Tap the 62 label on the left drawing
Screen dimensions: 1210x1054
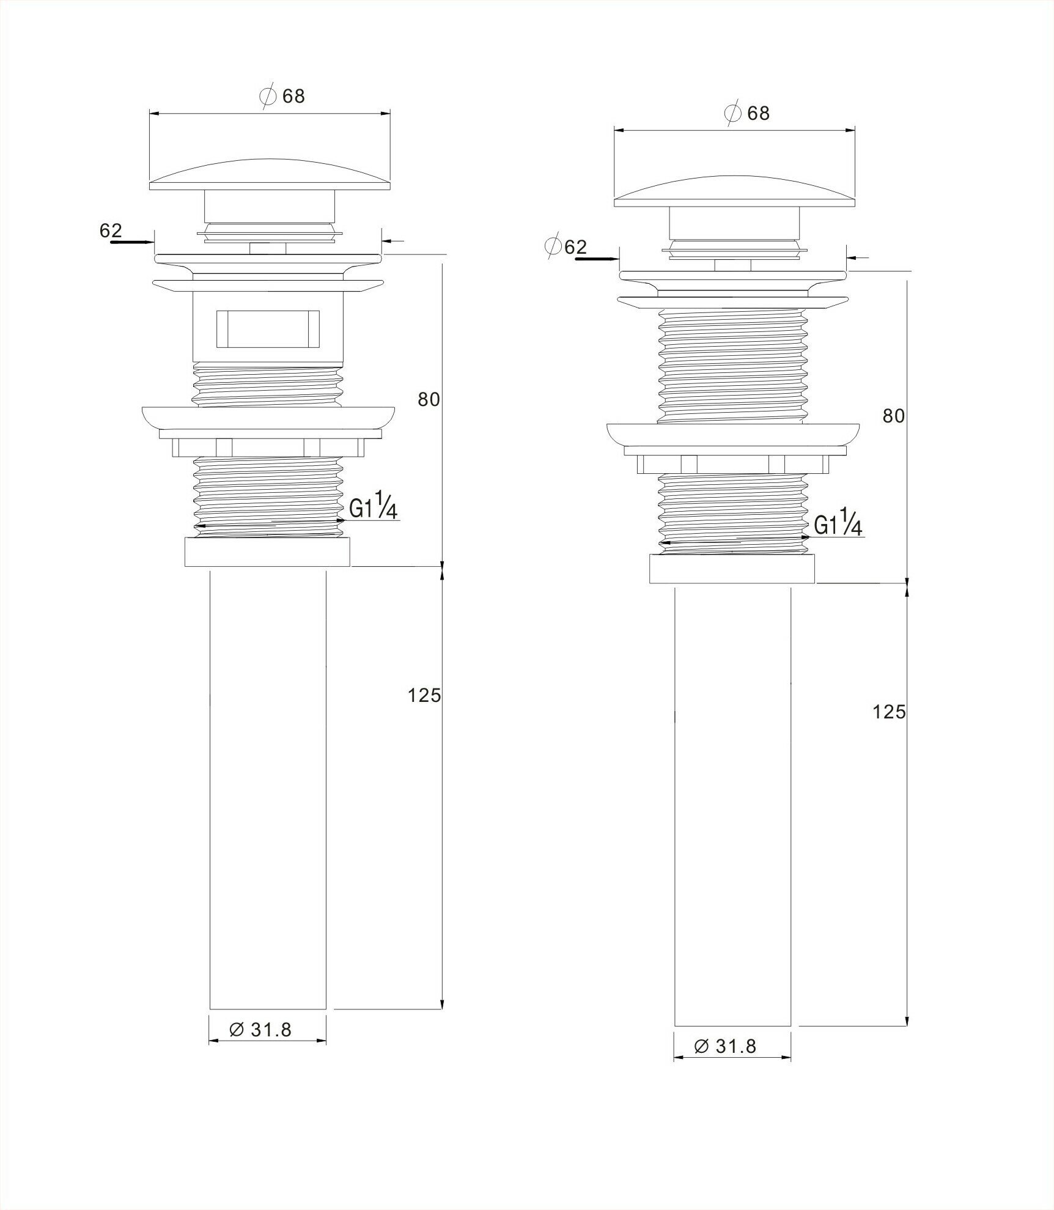click(x=111, y=231)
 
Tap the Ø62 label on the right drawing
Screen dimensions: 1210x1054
click(x=567, y=246)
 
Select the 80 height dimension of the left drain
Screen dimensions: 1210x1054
click(x=429, y=399)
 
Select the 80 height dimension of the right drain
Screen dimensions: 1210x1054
click(x=893, y=416)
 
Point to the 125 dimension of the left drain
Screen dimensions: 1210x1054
click(x=424, y=695)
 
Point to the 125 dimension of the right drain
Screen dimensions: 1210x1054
click(x=889, y=712)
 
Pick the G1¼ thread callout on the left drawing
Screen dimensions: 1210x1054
click(x=374, y=507)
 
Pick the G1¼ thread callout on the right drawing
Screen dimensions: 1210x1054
click(x=838, y=524)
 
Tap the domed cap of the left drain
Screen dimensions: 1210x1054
click(x=270, y=173)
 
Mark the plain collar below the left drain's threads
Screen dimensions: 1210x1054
click(x=267, y=552)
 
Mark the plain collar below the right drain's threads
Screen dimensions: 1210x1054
click(x=732, y=569)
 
